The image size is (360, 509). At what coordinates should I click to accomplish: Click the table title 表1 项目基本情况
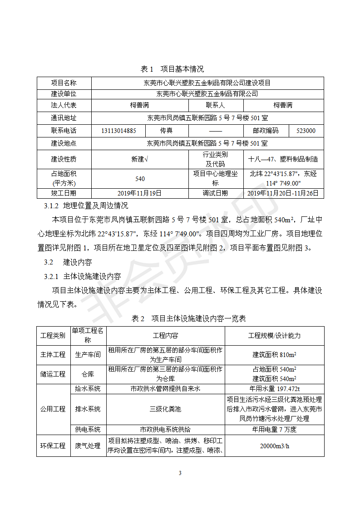point(172,69)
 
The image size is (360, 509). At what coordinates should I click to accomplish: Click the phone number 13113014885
point(119,131)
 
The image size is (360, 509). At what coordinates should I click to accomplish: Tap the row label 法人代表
point(64,105)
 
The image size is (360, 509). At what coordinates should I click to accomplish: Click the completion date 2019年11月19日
point(139,193)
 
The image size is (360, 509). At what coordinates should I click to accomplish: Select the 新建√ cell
point(139,159)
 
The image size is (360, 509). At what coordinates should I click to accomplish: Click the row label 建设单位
point(64,94)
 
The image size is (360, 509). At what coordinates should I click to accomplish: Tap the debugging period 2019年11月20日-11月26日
point(283,193)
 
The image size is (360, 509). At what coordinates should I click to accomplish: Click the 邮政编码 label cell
point(266,131)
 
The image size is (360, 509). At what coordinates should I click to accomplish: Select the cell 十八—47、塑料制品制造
point(283,159)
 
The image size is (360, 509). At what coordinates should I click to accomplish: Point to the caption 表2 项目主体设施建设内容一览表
point(188,318)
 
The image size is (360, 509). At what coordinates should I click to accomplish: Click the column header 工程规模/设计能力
point(274,336)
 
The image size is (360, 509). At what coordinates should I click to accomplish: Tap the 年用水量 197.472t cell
point(274,389)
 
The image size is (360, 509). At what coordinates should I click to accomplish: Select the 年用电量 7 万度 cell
point(274,430)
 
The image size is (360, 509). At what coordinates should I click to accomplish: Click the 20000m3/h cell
point(274,446)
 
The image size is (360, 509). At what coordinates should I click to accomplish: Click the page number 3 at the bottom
point(180,473)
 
